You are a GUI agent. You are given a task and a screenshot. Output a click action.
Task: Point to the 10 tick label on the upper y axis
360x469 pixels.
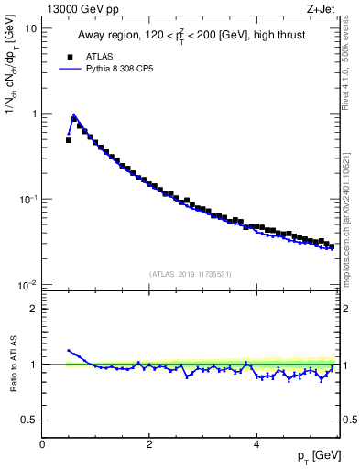pos(31,28)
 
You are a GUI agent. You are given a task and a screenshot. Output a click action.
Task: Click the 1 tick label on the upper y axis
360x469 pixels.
pos(34,114)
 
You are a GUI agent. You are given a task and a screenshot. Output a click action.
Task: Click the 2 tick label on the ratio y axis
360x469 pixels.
pos(34,309)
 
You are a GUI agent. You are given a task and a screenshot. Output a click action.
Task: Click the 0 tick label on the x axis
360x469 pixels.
pos(43,444)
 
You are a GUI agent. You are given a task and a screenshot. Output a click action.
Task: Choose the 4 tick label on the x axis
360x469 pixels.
pos(256,444)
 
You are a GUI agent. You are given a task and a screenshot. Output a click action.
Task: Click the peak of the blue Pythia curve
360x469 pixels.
pos(74,115)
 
